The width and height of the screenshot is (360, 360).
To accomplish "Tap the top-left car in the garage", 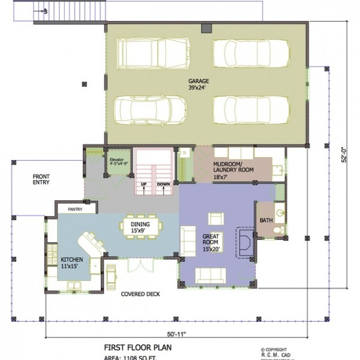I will pyautogui.click(x=155, y=53).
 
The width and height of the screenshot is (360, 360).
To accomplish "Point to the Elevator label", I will pyautogui.click(x=116, y=160).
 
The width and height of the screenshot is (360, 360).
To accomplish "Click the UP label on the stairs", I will pyautogui.click(x=144, y=184).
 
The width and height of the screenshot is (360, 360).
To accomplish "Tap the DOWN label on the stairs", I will pyautogui.click(x=163, y=184).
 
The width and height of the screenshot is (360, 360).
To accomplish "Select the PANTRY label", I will pyautogui.click(x=75, y=209).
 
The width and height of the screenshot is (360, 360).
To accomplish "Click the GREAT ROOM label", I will pyautogui.click(x=214, y=239).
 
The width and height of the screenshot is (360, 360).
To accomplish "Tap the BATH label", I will pyautogui.click(x=266, y=221).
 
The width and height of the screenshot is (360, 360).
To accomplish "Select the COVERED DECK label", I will pyautogui.click(x=139, y=295).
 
